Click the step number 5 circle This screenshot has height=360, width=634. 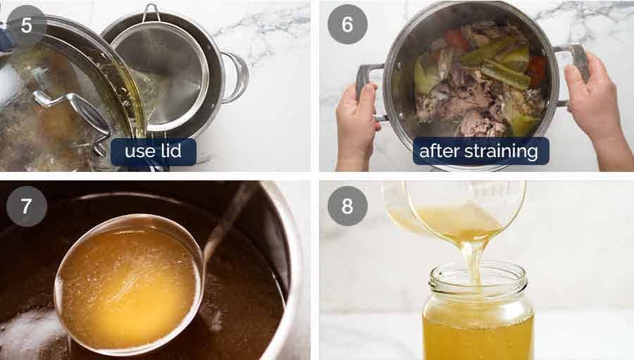point(26,25)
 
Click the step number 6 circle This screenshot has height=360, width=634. point(347,25)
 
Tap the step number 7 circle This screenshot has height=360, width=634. point(26,206)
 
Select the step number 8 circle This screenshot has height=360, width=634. point(347,206)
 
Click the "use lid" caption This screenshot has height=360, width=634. point(153,151)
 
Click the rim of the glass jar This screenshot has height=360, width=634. point(478,271)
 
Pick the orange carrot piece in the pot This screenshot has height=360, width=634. point(456,39)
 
